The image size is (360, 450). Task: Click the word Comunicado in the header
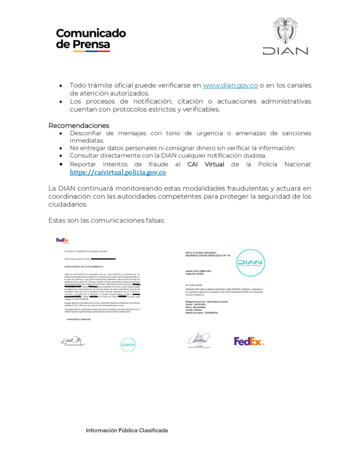[x=91, y=33]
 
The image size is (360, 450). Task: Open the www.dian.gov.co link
[x=230, y=85]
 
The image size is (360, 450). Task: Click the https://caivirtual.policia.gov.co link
[x=118, y=173]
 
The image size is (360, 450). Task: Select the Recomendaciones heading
[x=79, y=126]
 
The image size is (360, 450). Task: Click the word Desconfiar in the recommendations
[x=91, y=133]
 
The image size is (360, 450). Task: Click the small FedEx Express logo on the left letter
[x=62, y=240]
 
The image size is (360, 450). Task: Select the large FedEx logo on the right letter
[x=249, y=341]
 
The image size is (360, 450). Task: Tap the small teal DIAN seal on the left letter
[x=128, y=344]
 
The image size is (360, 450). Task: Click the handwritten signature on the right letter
[x=199, y=339]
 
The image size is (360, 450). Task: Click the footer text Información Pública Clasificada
[x=127, y=431]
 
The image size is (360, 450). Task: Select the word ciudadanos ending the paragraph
[x=68, y=204]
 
